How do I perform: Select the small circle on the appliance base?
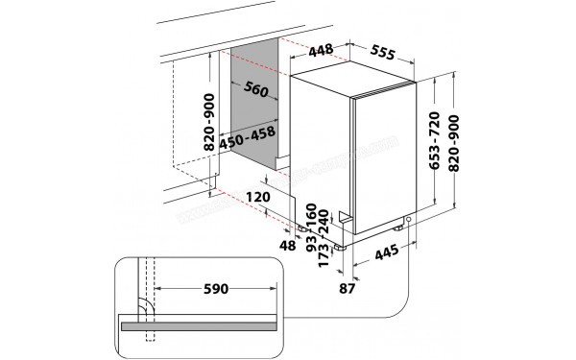pos(409,221)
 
